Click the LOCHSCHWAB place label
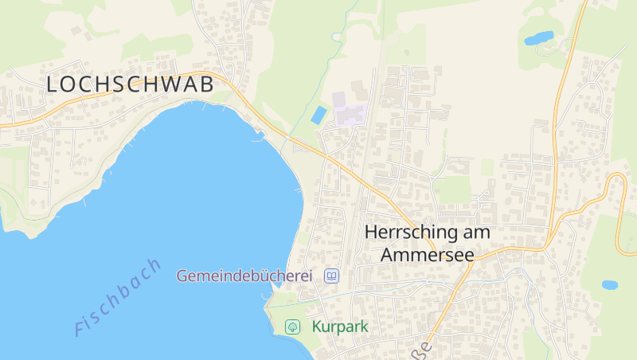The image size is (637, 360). point(130,84)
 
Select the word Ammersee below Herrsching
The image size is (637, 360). point(428,255)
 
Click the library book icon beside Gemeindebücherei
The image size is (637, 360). point(331,276)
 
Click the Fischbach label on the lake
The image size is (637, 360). point(118,296)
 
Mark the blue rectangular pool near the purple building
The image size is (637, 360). point(318,115)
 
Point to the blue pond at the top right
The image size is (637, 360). point(538,37)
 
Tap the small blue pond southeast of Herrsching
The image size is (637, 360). point(609,284)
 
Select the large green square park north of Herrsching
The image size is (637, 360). point(454,190)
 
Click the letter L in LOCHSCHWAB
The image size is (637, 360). point(53,84)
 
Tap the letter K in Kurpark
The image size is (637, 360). point(318,327)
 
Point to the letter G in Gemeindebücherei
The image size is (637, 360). point(182,276)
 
